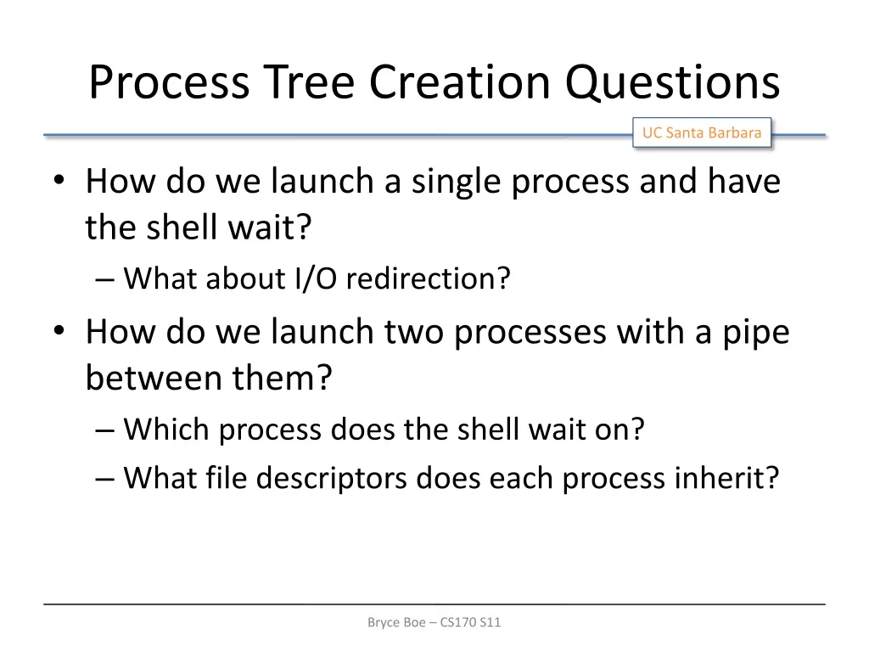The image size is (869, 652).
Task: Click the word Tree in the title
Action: point(310,82)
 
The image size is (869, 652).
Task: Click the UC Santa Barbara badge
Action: point(701,132)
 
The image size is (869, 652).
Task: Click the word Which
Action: point(168,430)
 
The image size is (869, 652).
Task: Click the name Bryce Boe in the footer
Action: point(401,622)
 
